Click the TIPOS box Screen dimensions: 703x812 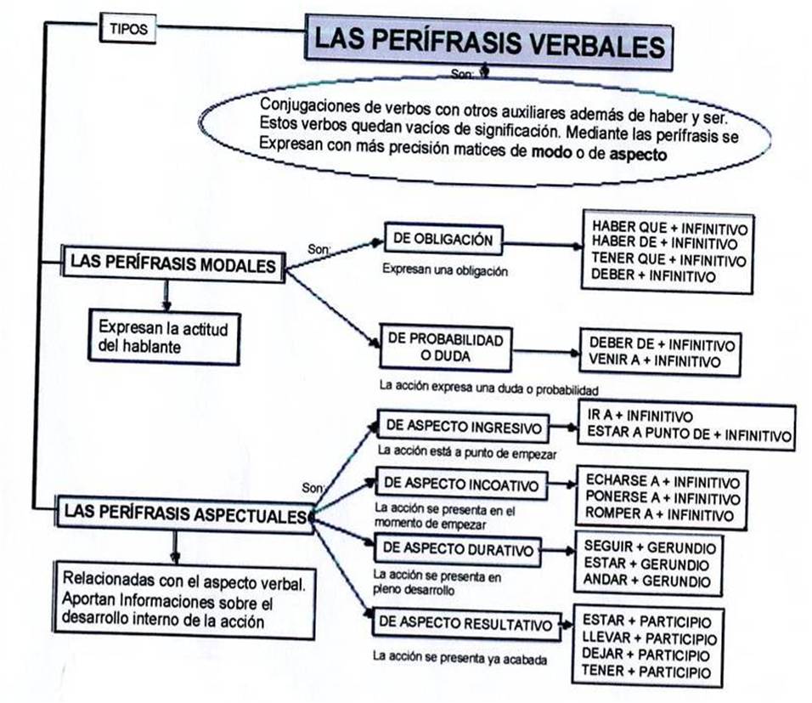pyautogui.click(x=127, y=29)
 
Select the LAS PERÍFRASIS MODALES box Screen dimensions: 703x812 pyautogui.click(x=173, y=264)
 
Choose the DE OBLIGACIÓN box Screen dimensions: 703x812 pyautogui.click(x=442, y=241)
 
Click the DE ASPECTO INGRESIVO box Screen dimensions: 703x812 pyautogui.click(x=462, y=424)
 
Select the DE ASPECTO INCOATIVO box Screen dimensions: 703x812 pyautogui.click(x=461, y=485)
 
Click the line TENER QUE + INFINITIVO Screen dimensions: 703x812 pyautogui.click(x=668, y=260)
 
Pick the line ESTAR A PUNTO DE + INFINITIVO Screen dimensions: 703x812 pyautogui.click(x=689, y=435)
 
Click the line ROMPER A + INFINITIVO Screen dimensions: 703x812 pyautogui.click(x=658, y=514)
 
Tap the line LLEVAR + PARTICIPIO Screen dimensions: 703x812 pyautogui.click(x=650, y=638)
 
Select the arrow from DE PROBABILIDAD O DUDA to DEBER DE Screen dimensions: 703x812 pyautogui.click(x=545, y=351)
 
